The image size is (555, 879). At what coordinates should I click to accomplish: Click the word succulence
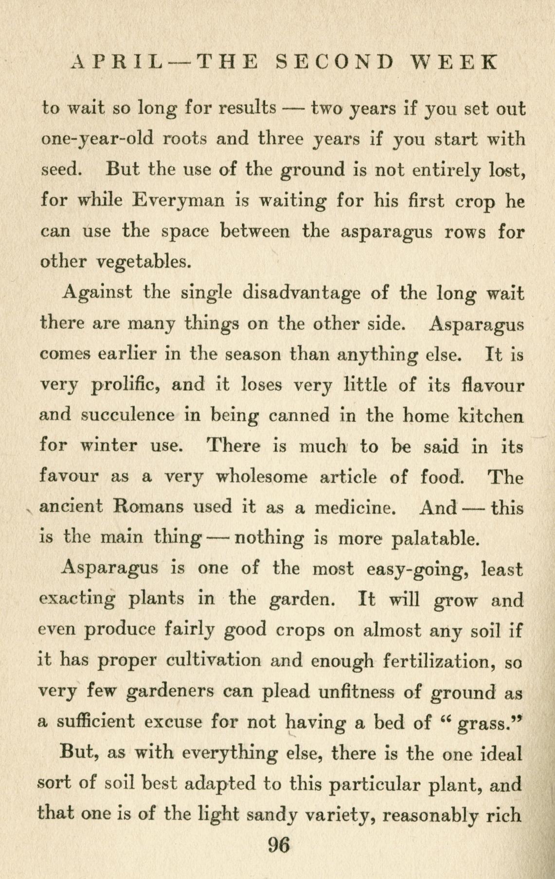pos(128,416)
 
